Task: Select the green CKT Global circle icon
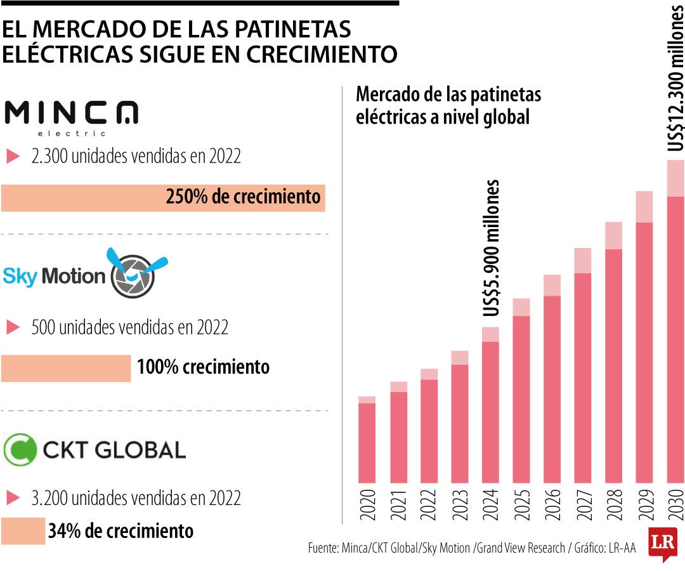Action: pyautogui.click(x=20, y=449)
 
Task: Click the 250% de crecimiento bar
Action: pyautogui.click(x=162, y=197)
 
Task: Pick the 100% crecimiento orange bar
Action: pyautogui.click(x=66, y=368)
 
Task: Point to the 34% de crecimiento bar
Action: pyautogui.click(x=23, y=530)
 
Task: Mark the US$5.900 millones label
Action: pyautogui.click(x=491, y=248)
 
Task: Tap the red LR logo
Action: pyautogui.click(x=660, y=544)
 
